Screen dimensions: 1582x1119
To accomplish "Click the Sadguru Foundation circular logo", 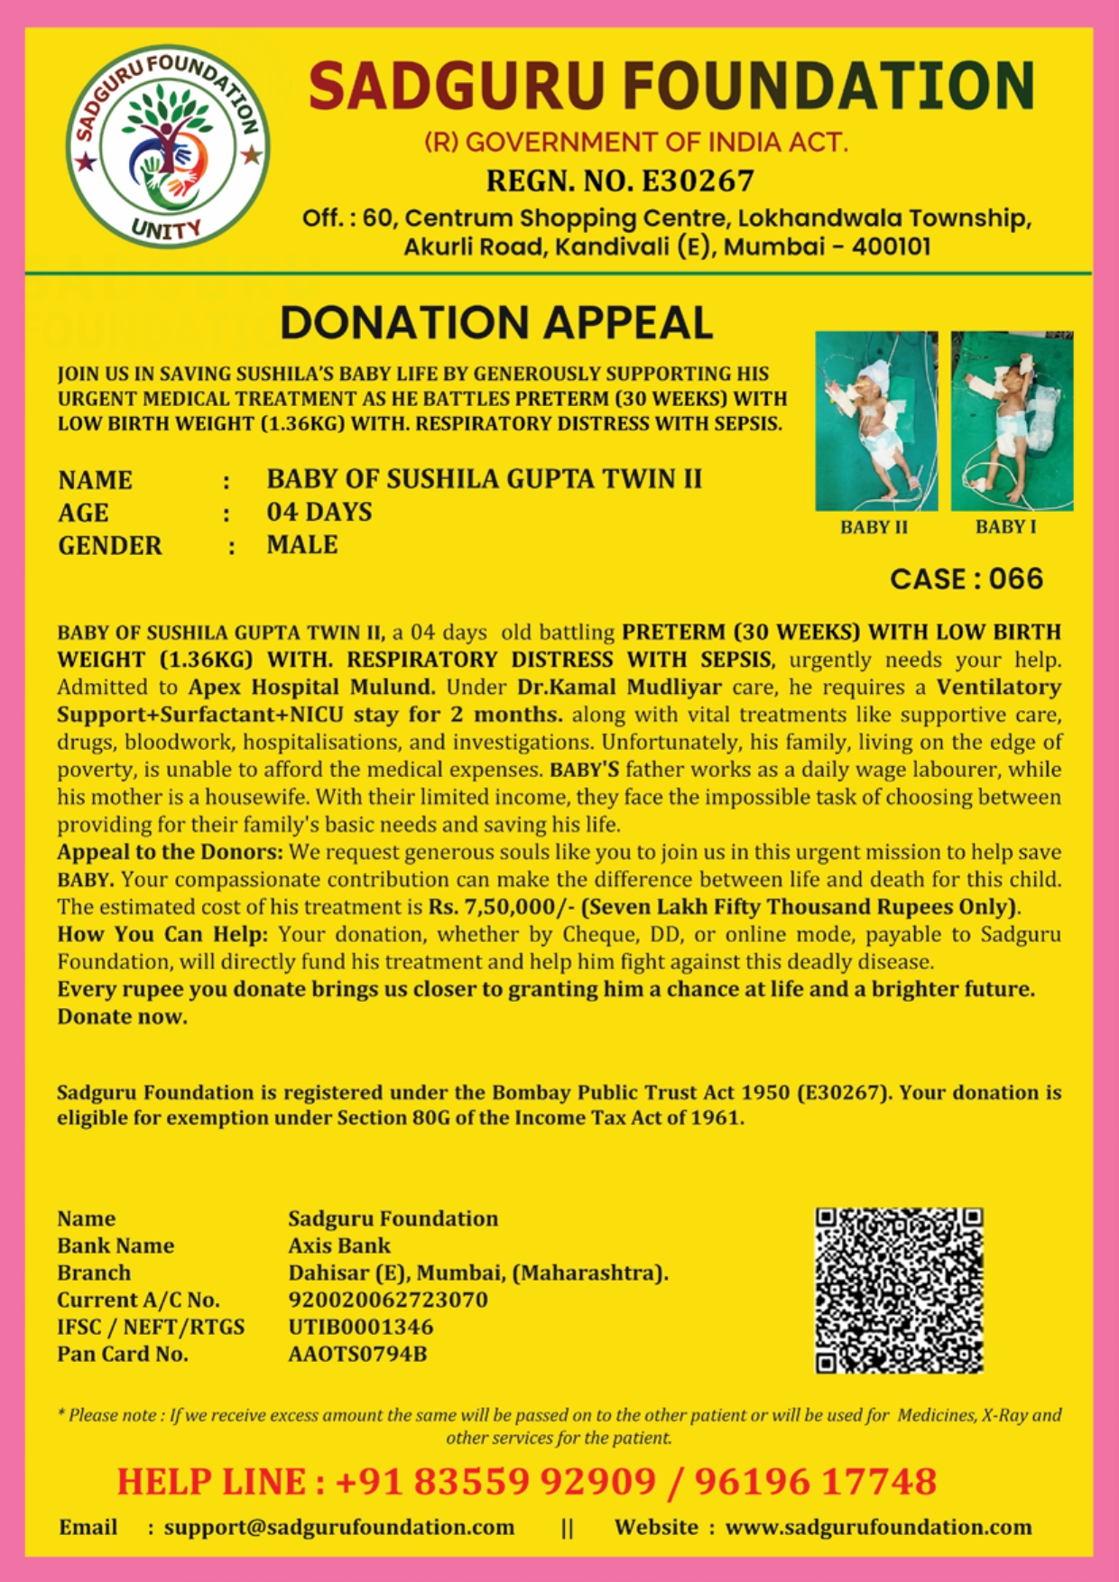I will [168, 146].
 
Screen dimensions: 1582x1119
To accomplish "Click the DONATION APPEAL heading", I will [496, 323].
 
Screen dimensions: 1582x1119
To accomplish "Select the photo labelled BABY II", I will [875, 421].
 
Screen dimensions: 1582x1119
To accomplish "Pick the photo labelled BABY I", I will [1012, 421].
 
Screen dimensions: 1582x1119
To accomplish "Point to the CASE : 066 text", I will [966, 579].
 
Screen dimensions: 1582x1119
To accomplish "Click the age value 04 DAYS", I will [319, 513].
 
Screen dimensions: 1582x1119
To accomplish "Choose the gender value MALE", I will [301, 545].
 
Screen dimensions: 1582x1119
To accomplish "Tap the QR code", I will [899, 1291].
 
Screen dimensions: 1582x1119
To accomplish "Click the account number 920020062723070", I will [387, 1300].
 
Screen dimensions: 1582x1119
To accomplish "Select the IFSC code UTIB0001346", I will [360, 1327].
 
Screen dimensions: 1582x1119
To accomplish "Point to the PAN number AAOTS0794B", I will [357, 1354].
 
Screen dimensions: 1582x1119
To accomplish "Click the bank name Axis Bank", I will [339, 1245].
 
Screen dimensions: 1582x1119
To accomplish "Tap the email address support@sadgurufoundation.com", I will [338, 1527].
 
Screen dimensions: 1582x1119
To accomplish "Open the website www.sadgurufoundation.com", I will [878, 1527].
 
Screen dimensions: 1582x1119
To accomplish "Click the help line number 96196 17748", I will [815, 1482].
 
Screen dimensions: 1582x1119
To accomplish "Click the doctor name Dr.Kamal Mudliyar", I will [619, 687].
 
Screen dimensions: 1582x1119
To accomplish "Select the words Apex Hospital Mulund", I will [312, 687].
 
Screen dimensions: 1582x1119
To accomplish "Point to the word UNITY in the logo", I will [165, 229].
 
